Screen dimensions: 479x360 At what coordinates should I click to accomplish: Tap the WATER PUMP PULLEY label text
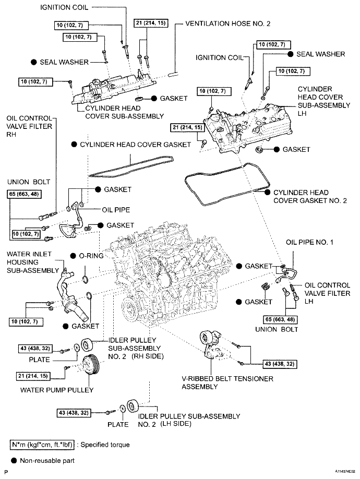[x=56, y=390]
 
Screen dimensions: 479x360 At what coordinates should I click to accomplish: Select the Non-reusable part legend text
[x=48, y=461]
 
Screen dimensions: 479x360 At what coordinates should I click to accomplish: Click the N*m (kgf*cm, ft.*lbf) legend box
[x=42, y=445]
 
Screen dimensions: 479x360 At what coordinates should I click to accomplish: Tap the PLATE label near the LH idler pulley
[x=118, y=424]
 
